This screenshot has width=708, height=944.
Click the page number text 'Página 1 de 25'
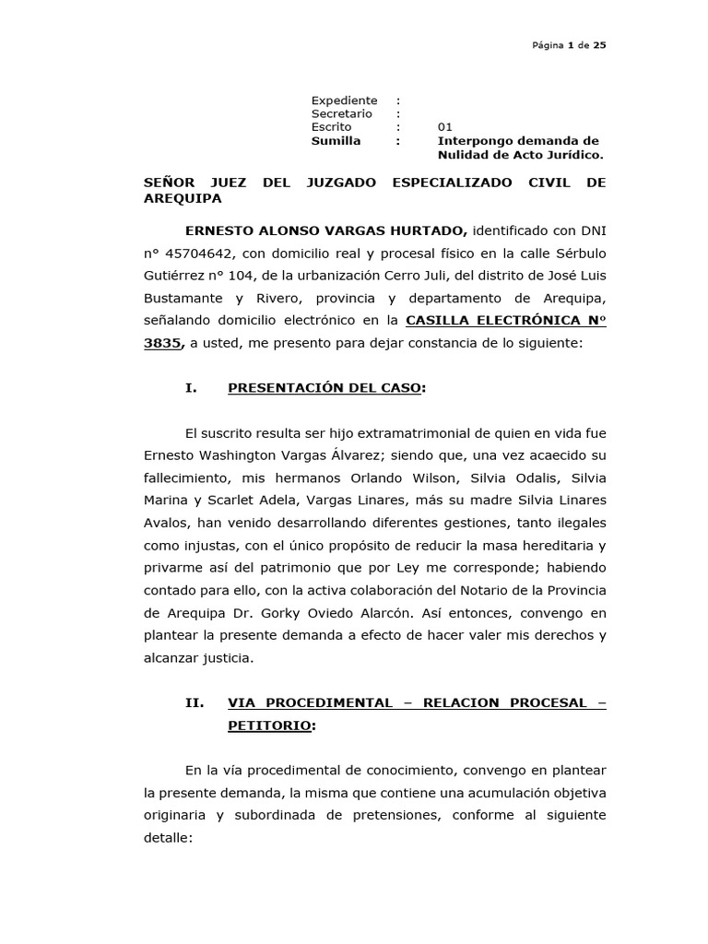click(567, 44)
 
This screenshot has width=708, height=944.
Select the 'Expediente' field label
click(344, 100)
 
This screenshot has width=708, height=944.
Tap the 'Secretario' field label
click(342, 113)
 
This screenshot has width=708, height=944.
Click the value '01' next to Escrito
click(445, 127)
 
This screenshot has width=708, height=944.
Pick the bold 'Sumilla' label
click(336, 141)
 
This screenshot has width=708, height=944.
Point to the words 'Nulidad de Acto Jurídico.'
click(520, 155)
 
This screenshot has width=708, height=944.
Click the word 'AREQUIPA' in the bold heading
click(183, 198)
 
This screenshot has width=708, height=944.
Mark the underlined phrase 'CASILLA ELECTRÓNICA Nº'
click(506, 321)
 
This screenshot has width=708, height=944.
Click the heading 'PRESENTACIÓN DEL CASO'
click(324, 388)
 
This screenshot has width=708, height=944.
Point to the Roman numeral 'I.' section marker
click(192, 388)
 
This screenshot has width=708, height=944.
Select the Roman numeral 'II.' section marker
click(195, 702)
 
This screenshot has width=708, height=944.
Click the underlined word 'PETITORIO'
click(269, 726)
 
